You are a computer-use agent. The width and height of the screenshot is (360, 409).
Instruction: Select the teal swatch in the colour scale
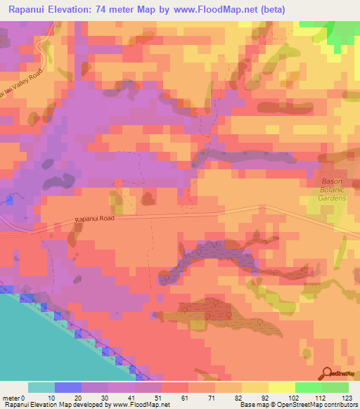[41, 387]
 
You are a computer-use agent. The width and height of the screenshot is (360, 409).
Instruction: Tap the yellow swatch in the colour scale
[281, 387]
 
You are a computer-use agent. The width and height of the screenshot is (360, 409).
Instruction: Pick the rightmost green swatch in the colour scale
[335, 387]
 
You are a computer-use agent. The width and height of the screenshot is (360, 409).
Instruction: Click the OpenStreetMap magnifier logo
[328, 372]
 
